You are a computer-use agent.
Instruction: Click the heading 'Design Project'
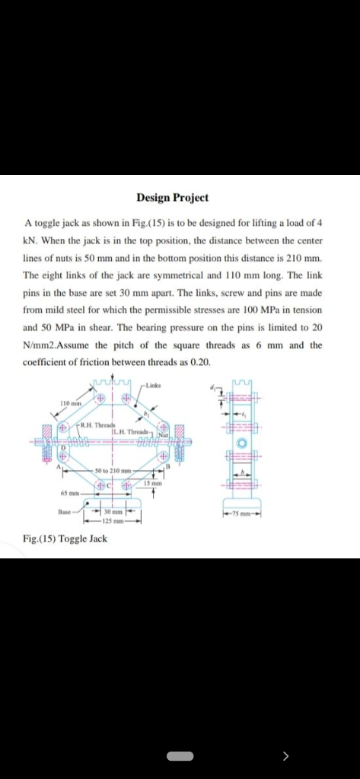172,198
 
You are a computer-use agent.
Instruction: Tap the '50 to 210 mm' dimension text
115,471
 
